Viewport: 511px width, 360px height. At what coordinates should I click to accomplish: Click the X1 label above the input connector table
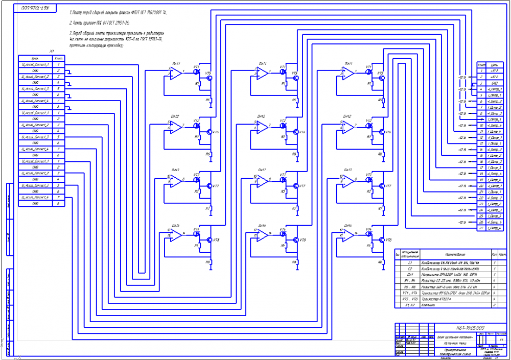pos(52,52)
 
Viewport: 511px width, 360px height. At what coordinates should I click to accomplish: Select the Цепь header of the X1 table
pos(35,58)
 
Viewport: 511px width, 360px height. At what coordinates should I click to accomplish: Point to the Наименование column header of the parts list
pos(455,254)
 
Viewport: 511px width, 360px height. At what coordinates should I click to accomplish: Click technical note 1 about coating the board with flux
pos(118,11)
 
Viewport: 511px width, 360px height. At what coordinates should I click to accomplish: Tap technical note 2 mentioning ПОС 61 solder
pos(99,23)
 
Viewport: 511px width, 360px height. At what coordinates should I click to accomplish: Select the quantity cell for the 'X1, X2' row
pos(495,305)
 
